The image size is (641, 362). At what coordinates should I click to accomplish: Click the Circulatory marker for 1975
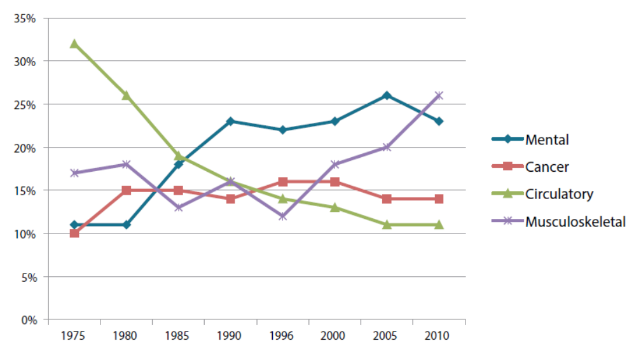pyautogui.click(x=74, y=44)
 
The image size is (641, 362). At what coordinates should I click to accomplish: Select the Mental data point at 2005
pyautogui.click(x=387, y=95)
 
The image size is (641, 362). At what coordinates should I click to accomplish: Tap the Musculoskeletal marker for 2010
pyautogui.click(x=439, y=95)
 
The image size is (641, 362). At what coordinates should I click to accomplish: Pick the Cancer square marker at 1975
pyautogui.click(x=74, y=233)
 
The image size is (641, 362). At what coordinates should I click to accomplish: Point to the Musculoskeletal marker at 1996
pyautogui.click(x=282, y=216)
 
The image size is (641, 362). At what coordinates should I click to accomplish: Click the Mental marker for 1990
pyautogui.click(x=230, y=121)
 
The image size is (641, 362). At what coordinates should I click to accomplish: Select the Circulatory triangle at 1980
pyautogui.click(x=126, y=95)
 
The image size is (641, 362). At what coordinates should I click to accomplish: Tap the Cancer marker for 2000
pyautogui.click(x=334, y=181)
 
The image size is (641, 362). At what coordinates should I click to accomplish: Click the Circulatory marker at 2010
pyautogui.click(x=439, y=225)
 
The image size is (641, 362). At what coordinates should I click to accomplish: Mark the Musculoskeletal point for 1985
pyautogui.click(x=178, y=207)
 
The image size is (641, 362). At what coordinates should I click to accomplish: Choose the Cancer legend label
pyautogui.click(x=547, y=167)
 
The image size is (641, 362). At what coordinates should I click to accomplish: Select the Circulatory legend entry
pyautogui.click(x=559, y=194)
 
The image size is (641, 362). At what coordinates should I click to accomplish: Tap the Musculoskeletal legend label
pyautogui.click(x=575, y=221)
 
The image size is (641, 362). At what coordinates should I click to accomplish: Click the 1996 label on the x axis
pyautogui.click(x=282, y=336)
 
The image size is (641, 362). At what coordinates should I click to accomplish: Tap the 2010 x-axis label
pyautogui.click(x=439, y=336)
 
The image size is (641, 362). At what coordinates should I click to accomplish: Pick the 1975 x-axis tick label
pyautogui.click(x=74, y=336)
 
